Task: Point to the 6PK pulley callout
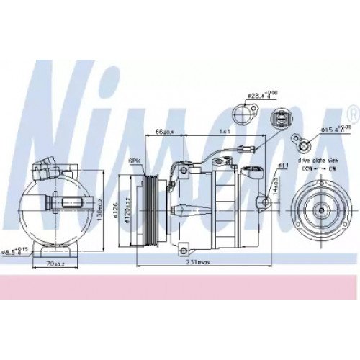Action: click(134, 162)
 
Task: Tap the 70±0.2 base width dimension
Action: click(55, 265)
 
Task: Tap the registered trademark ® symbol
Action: click(352, 114)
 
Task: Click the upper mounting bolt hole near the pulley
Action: click(184, 171)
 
